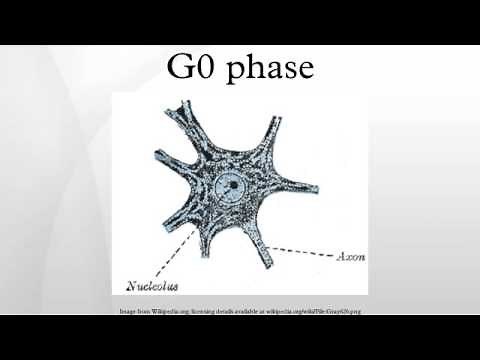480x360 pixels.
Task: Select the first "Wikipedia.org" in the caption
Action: click(x=156, y=312)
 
